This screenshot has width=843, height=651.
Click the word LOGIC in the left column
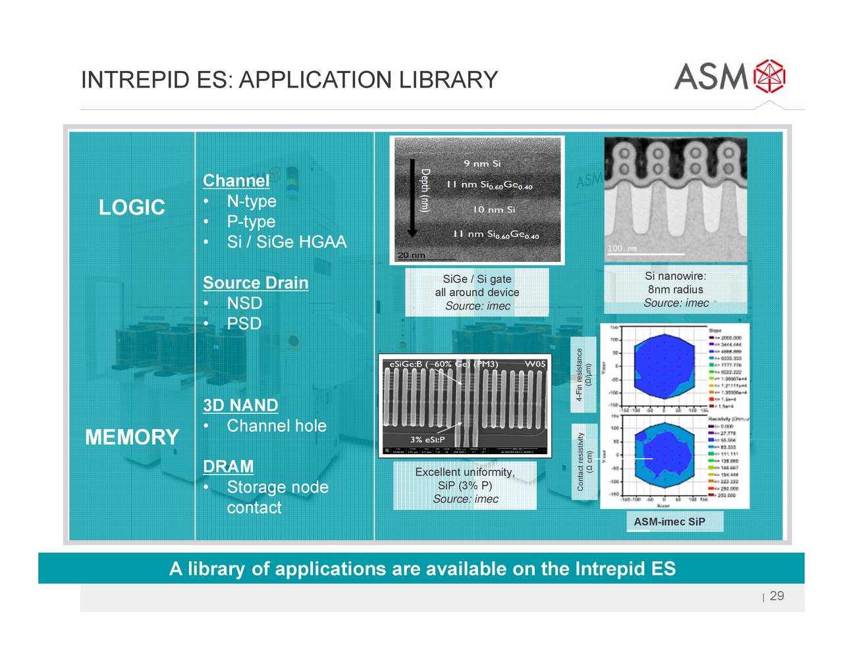pos(132,208)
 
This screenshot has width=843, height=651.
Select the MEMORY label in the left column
pos(132,437)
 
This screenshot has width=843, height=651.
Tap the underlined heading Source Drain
pos(256,283)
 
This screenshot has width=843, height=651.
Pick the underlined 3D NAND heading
pos(240,405)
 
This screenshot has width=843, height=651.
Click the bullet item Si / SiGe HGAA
pos(286,242)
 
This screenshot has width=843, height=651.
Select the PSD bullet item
pos(244,324)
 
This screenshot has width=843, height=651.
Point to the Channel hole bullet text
pos(276,426)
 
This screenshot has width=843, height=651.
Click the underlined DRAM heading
pos(228,467)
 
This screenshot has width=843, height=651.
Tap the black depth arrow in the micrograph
pos(412,197)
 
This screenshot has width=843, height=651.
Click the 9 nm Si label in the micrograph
pos(482,163)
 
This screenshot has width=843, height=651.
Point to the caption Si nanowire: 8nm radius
pos(676,289)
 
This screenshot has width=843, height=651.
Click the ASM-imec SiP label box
pos(669,522)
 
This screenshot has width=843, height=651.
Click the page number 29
pos(776,596)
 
